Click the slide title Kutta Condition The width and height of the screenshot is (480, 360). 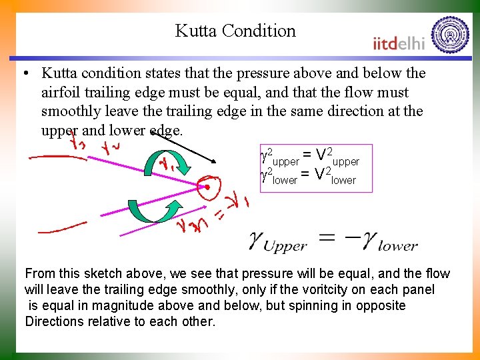pyautogui.click(x=235, y=31)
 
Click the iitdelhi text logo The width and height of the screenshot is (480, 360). pyautogui.click(x=399, y=43)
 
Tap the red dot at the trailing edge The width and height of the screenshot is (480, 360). pyautogui.click(x=207, y=188)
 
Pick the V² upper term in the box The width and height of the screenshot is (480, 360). pyautogui.click(x=337, y=157)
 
